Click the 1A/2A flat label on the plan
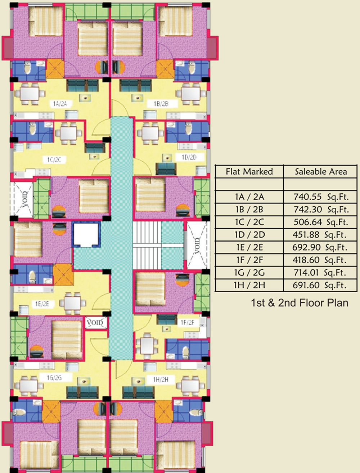click(x=60, y=104)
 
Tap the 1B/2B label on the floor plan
click(x=161, y=104)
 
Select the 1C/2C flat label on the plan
click(x=54, y=160)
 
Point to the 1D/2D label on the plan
click(x=189, y=157)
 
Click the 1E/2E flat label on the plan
click(x=42, y=304)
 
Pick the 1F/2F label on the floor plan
click(x=188, y=323)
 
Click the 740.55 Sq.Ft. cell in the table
click(x=321, y=197)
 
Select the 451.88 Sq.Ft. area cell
click(x=319, y=235)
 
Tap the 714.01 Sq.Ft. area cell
click(x=320, y=273)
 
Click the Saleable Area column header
click(x=321, y=172)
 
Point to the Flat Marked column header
click(x=249, y=172)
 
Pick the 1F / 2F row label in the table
click(x=249, y=260)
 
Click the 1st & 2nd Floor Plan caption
click(x=300, y=303)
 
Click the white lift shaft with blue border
click(x=86, y=234)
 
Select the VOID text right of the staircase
click(x=197, y=246)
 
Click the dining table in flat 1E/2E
click(x=73, y=303)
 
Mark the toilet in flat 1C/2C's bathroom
click(x=32, y=129)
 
